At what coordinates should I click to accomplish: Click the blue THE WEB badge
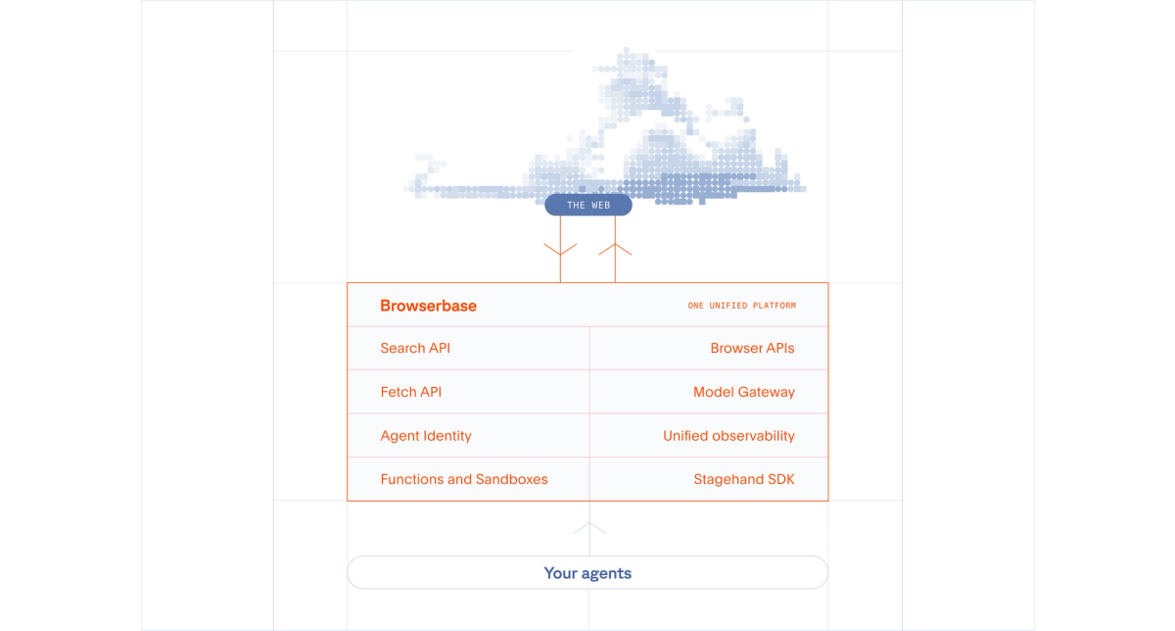pos(588,205)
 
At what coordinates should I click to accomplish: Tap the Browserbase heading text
pos(428,306)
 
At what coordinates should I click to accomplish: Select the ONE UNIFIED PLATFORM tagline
pos(741,306)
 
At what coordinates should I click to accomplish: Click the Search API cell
pos(415,348)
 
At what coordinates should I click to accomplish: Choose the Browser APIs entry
pos(752,348)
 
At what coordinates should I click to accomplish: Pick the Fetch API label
pos(410,392)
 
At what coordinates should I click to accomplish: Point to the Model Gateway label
pos(743,392)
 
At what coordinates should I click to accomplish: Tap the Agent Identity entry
pos(426,436)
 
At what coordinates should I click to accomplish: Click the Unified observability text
pos(728,436)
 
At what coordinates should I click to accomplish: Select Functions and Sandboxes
pos(464,479)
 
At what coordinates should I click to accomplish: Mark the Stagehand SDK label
pos(744,479)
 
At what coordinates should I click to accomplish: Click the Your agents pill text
pos(587,573)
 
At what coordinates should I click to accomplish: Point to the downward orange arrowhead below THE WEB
pos(560,250)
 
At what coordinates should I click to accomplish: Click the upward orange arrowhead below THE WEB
pos(615,248)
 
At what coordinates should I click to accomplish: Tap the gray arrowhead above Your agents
pos(588,528)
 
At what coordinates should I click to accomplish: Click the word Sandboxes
pos(512,479)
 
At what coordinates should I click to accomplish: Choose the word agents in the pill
pos(606,573)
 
